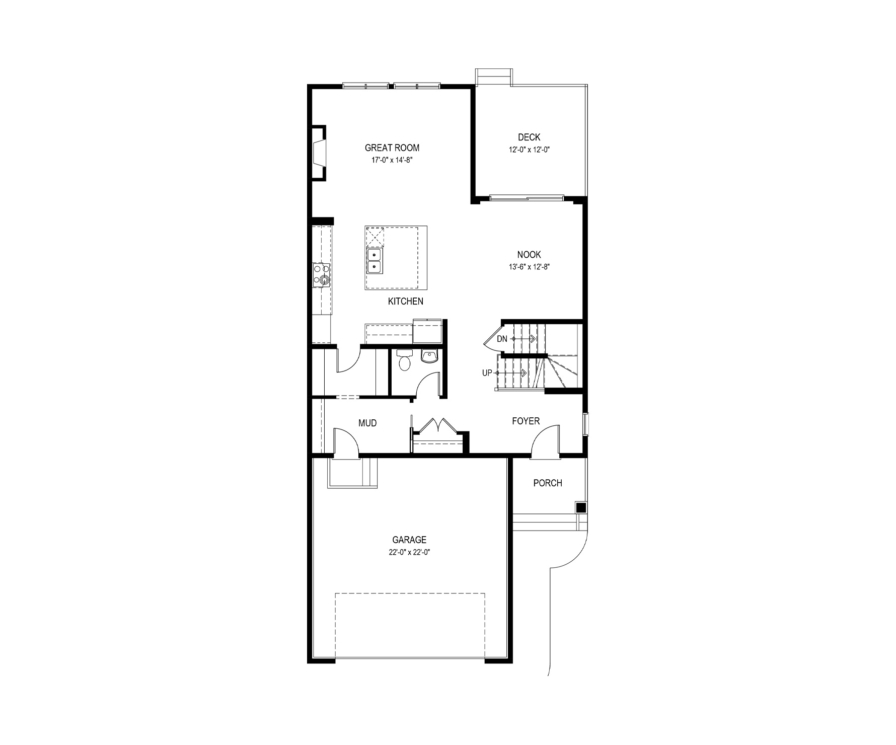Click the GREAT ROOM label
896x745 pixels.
392,147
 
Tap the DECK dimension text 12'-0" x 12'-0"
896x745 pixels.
529,150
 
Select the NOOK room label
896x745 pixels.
529,255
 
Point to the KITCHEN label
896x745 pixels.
406,302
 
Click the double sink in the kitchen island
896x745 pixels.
374,261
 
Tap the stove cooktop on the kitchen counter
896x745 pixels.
322,275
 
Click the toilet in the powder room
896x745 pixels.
404,360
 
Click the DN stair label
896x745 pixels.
502,339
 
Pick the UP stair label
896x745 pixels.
487,373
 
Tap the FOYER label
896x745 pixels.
526,421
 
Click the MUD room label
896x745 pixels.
367,423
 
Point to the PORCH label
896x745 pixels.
548,483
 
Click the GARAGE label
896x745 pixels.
409,540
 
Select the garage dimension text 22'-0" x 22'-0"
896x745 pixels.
409,552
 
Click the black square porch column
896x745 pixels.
581,507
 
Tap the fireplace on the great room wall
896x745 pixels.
319,153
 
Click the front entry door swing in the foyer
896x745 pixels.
545,441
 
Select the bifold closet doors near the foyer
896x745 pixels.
438,425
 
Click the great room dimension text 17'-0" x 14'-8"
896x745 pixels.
392,160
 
